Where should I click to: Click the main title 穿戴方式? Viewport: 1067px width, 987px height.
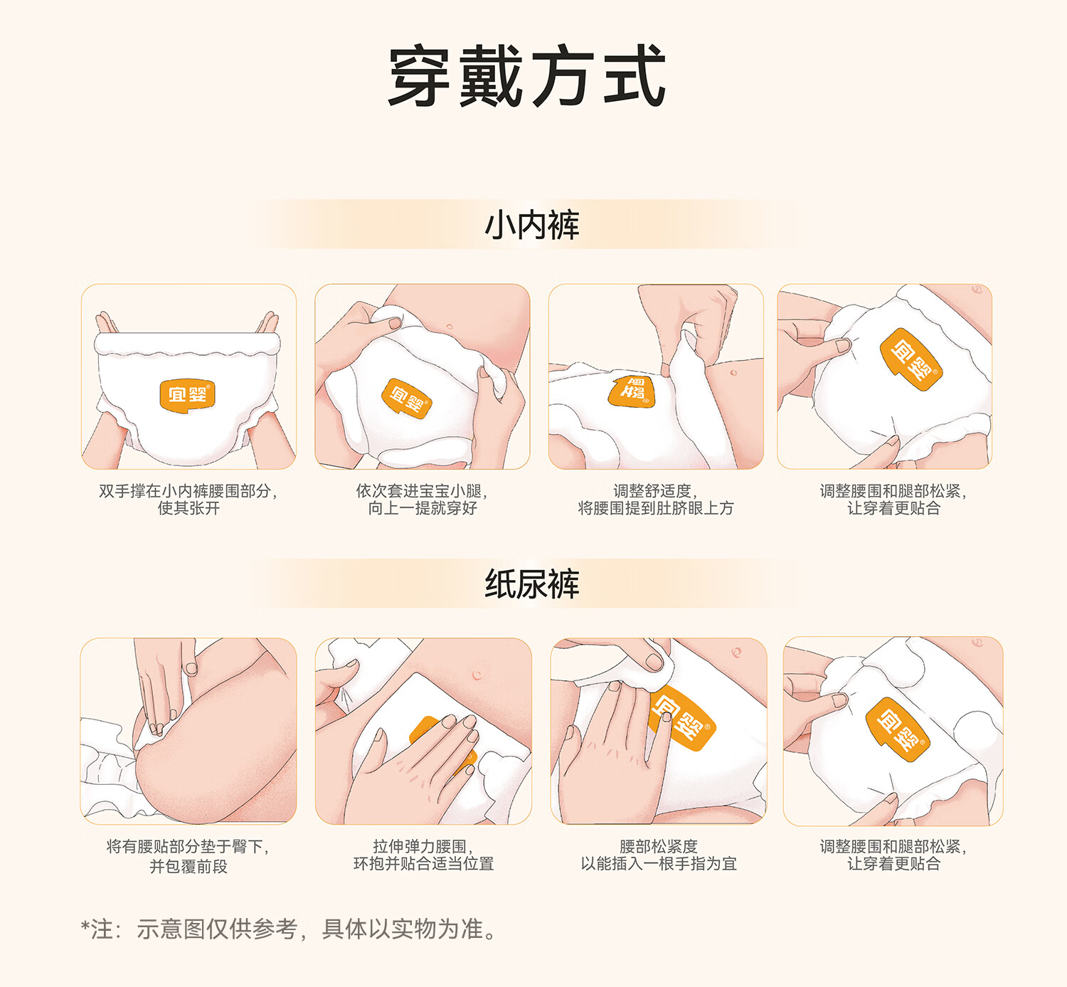(x=527, y=76)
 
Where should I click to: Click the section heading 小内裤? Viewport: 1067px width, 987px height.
(x=532, y=225)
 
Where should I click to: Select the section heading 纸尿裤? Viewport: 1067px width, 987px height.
(x=532, y=584)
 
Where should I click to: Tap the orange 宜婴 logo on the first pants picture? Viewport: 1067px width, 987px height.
(x=188, y=396)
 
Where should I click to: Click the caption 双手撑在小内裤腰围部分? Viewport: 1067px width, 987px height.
(x=188, y=491)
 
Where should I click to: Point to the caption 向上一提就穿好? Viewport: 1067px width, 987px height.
(x=423, y=508)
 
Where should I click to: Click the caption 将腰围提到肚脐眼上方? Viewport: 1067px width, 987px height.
(x=655, y=508)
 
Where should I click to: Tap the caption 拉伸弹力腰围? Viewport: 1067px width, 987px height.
(x=423, y=847)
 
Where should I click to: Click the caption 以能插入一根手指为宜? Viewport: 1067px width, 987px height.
(x=659, y=864)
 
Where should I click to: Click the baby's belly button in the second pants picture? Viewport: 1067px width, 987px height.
(x=449, y=327)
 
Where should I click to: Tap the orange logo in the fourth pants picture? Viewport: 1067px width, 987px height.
(x=911, y=359)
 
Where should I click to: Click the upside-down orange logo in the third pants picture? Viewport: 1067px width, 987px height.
(x=632, y=390)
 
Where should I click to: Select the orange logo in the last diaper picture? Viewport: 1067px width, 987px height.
(x=898, y=729)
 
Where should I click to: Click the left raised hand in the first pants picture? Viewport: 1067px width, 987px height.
(x=107, y=323)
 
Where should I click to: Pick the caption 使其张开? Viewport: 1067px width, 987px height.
(x=189, y=508)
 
